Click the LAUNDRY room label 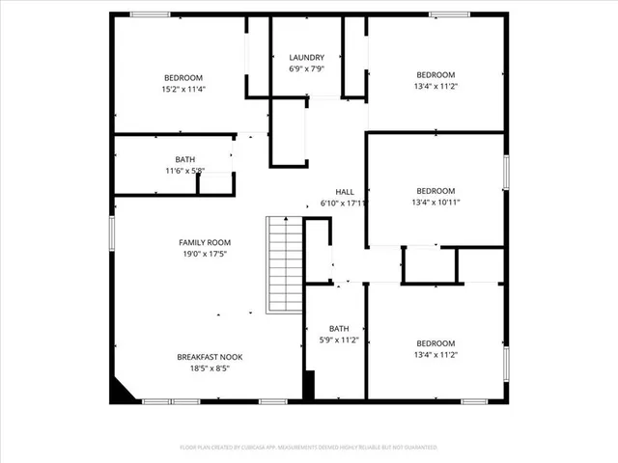pyautogui.click(x=307, y=58)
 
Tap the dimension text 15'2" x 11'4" pyautogui.click(x=183, y=89)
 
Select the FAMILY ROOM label pyautogui.click(x=205, y=242)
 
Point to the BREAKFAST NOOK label pyautogui.click(x=210, y=357)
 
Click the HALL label pyautogui.click(x=345, y=192)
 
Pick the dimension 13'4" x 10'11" pyautogui.click(x=435, y=203)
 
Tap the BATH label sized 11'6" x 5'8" pyautogui.click(x=183, y=159)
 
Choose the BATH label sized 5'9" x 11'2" pyautogui.click(x=338, y=329)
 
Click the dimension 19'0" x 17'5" pyautogui.click(x=205, y=254)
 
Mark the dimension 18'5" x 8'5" pyautogui.click(x=210, y=368)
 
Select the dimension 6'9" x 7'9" pyautogui.click(x=307, y=69)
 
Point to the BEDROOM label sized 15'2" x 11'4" pyautogui.click(x=183, y=77)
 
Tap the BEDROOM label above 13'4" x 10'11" pyautogui.click(x=435, y=191)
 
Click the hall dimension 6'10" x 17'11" pyautogui.click(x=344, y=204)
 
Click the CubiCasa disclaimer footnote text pyautogui.click(x=309, y=448)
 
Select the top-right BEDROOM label pyautogui.click(x=435, y=74)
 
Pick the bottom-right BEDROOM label pyautogui.click(x=435, y=343)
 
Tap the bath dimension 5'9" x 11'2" pyautogui.click(x=338, y=340)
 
